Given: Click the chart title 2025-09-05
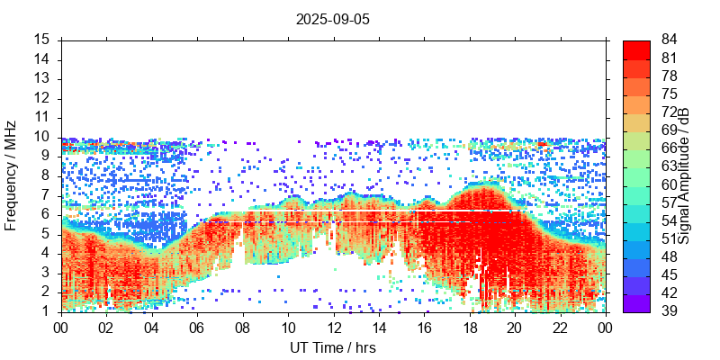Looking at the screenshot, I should coord(332,18).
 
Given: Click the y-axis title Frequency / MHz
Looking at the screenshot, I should coord(12,175).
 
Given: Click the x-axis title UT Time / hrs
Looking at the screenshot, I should coord(332,348).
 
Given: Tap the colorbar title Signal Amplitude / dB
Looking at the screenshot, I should coord(685,175).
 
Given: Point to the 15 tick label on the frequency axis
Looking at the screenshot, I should coord(41,40).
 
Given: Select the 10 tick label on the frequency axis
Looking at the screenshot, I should coord(41,137).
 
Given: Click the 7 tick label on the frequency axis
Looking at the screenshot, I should coord(45,194).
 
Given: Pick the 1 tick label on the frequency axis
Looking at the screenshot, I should coord(45,311).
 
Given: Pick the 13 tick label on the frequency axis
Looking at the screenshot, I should coord(41,78).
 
